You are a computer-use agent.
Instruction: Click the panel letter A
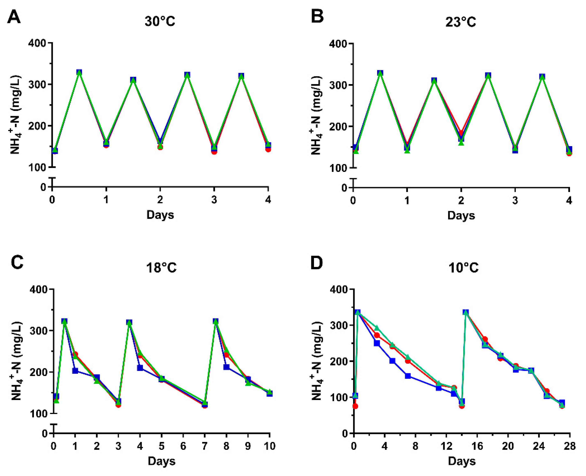14,17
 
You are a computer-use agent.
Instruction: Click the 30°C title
160,21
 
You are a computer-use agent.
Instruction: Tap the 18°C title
161,267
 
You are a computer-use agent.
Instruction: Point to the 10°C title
463,267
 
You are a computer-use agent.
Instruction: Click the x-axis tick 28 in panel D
570,446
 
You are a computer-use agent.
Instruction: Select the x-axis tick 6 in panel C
183,446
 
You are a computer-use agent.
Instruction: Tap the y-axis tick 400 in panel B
338,44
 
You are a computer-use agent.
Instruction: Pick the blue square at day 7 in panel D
408,376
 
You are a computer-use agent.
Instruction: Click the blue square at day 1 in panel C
75,371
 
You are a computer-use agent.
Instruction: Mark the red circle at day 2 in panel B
461,133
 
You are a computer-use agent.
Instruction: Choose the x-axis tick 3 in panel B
515,201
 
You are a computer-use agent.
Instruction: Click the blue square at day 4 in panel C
140,368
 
